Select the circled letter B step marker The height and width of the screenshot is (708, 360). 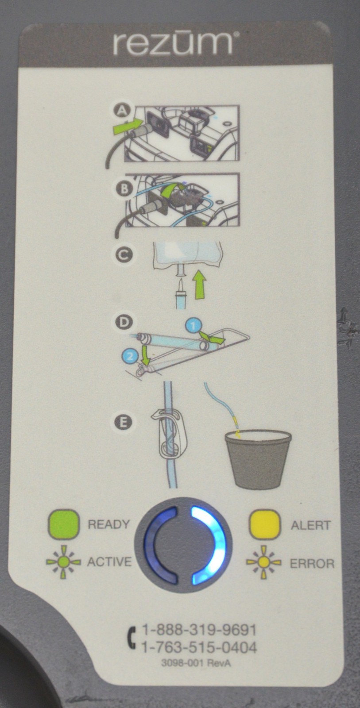click(x=124, y=189)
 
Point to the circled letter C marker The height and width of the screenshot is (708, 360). click(x=124, y=255)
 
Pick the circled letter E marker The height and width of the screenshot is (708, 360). click(x=124, y=422)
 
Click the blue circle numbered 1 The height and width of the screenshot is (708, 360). click(x=194, y=326)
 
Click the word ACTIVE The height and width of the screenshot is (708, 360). click(x=109, y=562)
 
